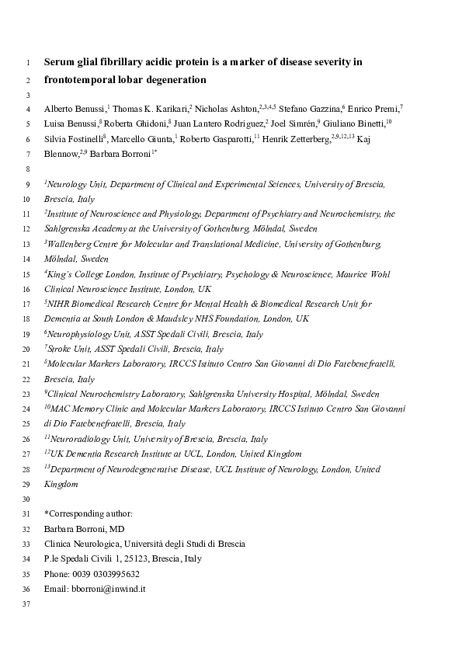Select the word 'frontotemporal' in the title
pyautogui.click(x=80, y=79)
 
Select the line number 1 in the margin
pyautogui.click(x=28, y=62)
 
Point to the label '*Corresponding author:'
pyautogui.click(x=89, y=513)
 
